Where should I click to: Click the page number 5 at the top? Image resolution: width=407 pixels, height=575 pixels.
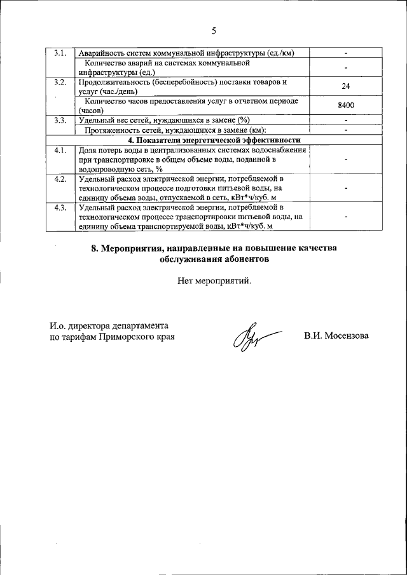point(214,30)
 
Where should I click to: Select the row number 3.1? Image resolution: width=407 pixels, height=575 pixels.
point(60,53)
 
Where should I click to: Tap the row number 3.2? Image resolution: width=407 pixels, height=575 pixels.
point(60,83)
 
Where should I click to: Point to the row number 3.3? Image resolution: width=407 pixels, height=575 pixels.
point(60,120)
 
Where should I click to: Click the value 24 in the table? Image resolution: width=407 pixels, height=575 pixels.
point(346,87)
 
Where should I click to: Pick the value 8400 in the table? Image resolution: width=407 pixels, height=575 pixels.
point(346,105)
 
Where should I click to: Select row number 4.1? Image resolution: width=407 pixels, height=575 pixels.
point(60,151)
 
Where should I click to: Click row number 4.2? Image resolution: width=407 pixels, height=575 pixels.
point(60,179)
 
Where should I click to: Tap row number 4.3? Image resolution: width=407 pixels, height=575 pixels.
point(60,208)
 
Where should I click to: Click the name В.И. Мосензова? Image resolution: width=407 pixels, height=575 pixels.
point(336,336)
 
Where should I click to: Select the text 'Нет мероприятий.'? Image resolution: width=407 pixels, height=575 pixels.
point(215,280)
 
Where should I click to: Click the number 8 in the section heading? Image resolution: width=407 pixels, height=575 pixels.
point(93,248)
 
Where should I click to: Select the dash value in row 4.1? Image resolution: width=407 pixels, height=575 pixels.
point(346,160)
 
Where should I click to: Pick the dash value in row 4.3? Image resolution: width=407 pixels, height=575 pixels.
point(346,217)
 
